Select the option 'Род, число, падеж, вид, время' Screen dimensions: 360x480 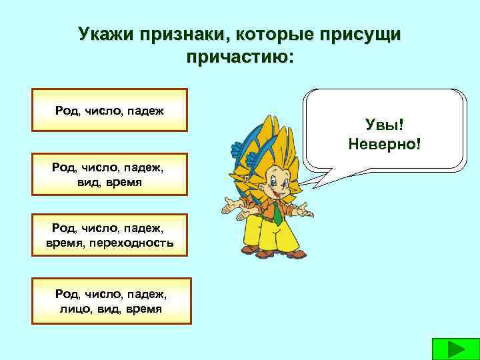[110, 175]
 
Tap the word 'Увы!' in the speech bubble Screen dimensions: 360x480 [384, 123]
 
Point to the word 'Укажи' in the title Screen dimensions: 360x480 [106, 35]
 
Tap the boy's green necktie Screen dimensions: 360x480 [276, 213]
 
